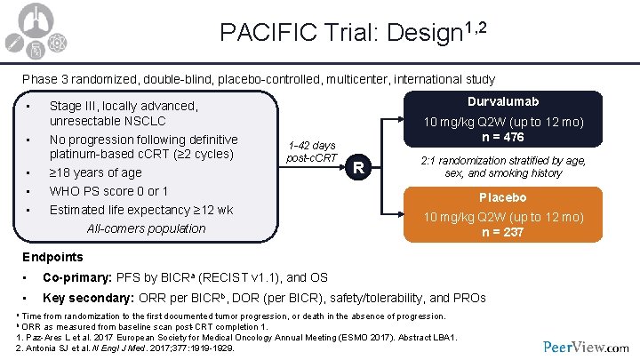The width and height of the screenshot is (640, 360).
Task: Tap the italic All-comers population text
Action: (146, 228)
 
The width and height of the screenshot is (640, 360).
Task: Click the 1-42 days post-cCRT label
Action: (312, 152)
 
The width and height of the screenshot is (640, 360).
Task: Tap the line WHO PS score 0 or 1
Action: (109, 191)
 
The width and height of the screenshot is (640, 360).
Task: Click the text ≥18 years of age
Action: (95, 172)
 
